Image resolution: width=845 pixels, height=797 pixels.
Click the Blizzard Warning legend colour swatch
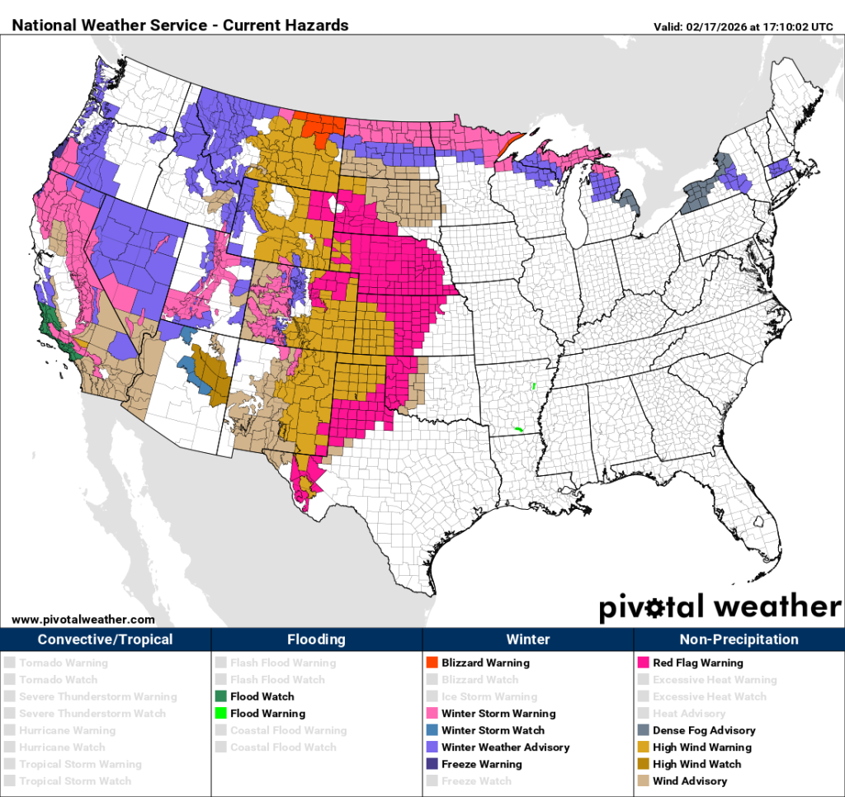tap(432, 663)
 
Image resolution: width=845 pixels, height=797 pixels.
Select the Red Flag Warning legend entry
tap(697, 663)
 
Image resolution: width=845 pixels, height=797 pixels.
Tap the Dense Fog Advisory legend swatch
tap(643, 730)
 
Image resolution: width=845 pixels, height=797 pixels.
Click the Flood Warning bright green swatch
tap(220, 714)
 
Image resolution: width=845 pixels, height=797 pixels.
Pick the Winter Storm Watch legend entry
tap(493, 730)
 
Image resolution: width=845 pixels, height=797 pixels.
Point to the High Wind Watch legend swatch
tap(643, 764)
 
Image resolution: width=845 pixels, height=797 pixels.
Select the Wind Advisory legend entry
tap(689, 780)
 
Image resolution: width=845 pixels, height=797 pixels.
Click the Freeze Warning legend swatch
tap(432, 764)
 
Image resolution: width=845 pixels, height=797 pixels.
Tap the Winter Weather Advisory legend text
tap(505, 747)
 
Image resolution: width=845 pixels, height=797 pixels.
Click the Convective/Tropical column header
tap(106, 639)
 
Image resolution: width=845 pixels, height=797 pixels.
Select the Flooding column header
tap(317, 639)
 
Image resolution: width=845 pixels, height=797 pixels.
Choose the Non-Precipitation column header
tap(739, 639)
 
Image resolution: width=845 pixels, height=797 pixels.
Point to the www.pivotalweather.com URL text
tap(83, 619)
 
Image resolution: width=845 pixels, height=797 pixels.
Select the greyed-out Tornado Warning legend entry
tap(63, 663)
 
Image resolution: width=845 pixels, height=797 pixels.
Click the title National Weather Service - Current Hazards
tap(180, 25)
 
